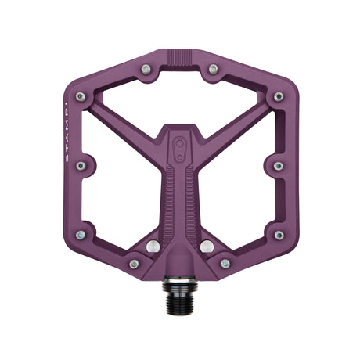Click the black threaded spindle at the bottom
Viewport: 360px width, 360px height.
point(181,288)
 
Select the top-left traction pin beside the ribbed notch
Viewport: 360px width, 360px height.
point(146,70)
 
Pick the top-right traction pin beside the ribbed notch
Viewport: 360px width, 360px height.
point(213,70)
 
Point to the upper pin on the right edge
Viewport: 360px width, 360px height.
point(279,97)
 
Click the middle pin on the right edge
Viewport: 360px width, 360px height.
point(279,166)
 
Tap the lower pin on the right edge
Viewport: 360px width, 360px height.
point(279,235)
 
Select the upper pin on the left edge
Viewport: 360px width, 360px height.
point(81,97)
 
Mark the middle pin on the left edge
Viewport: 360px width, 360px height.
point(81,166)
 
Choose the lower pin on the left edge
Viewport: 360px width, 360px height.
point(81,235)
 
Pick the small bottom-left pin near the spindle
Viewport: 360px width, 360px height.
point(134,265)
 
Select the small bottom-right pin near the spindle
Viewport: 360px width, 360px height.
point(225,265)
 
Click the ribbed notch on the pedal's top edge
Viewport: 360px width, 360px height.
point(179,59)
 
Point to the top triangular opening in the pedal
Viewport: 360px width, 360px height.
point(179,98)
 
